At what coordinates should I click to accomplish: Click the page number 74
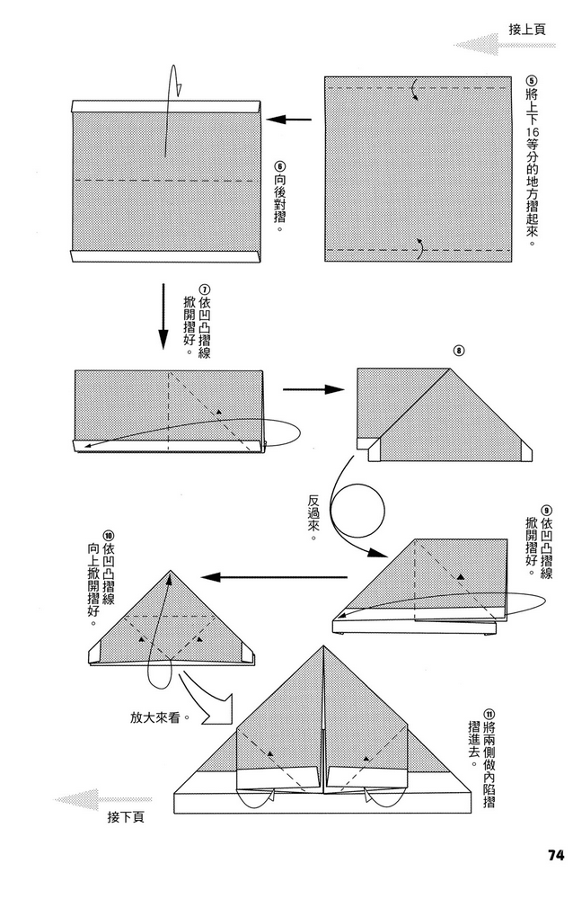click(555, 855)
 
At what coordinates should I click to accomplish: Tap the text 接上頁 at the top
click(527, 29)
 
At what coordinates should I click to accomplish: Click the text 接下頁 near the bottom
click(126, 816)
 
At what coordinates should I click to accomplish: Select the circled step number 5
click(531, 82)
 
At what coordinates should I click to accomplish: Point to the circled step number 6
click(279, 166)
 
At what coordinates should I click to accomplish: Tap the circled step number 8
click(458, 351)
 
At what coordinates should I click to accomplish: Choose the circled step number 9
click(547, 510)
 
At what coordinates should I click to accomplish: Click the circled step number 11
click(489, 715)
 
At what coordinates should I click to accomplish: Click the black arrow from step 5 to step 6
click(289, 120)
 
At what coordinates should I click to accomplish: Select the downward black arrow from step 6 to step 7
click(163, 316)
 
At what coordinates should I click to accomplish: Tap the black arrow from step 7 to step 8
click(314, 389)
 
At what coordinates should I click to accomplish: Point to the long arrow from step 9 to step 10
click(274, 577)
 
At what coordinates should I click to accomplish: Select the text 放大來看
click(154, 717)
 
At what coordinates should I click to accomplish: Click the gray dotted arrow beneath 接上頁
click(504, 45)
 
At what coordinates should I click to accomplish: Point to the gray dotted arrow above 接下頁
click(103, 798)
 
